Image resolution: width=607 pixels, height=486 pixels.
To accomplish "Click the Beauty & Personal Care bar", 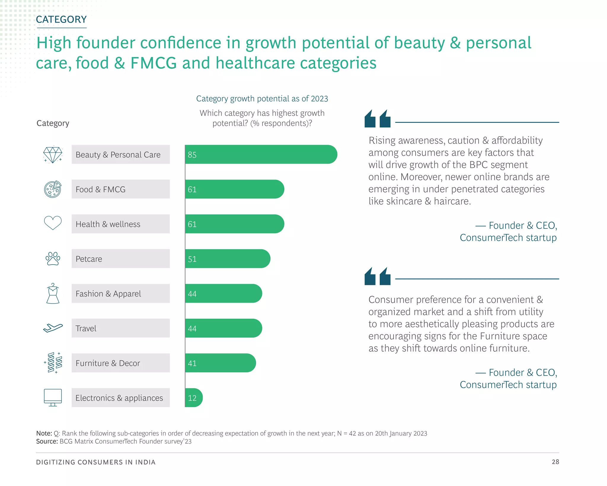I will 261,154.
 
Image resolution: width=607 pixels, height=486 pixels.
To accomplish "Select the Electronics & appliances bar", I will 194,398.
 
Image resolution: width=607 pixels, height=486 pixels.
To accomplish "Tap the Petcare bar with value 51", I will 227,259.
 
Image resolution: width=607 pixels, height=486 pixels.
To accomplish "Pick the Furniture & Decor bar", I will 220,363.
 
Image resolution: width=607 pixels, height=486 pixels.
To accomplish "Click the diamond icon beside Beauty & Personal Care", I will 53,155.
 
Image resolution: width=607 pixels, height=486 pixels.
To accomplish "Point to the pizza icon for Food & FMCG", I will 53,189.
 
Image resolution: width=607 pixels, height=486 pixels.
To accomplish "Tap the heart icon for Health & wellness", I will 53,223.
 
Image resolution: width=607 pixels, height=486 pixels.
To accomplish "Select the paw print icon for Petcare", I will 53,259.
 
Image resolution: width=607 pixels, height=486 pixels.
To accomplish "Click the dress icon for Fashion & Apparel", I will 53,293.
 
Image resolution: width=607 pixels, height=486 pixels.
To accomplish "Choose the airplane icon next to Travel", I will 53,328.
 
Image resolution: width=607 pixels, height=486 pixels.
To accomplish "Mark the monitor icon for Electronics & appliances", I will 53,397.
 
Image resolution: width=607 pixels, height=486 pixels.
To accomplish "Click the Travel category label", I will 86,328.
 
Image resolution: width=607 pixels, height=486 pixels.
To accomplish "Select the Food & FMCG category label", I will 100,189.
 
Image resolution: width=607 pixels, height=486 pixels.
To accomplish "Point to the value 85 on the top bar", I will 192,155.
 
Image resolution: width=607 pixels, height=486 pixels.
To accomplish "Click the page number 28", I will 555,462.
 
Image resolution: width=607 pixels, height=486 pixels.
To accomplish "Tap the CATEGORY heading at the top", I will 61,20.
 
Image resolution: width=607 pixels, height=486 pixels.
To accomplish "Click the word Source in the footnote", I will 47,441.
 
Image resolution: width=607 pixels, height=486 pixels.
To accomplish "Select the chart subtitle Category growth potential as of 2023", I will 262,99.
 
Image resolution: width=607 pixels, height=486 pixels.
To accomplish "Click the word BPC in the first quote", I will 479,165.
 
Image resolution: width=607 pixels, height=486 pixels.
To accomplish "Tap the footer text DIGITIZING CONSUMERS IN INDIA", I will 96,462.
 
